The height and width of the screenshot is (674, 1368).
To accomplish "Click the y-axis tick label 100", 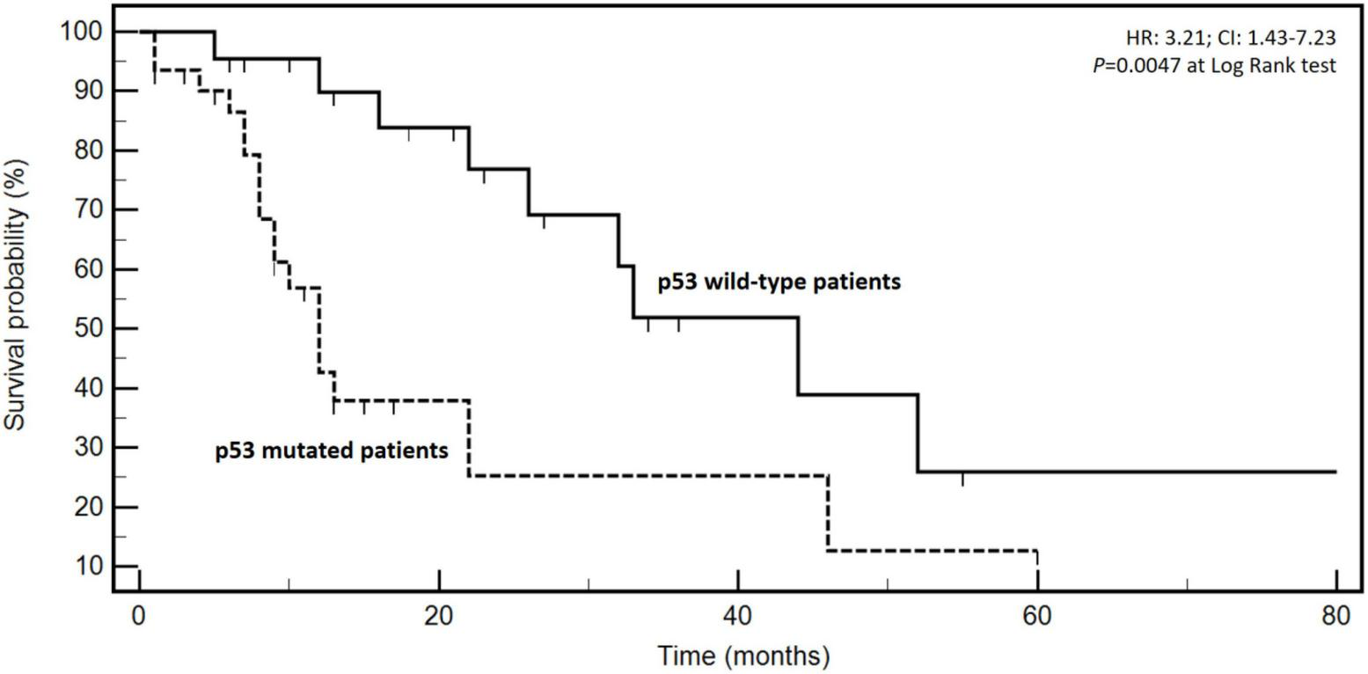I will point(83,32).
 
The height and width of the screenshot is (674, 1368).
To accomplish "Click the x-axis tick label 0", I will point(139,616).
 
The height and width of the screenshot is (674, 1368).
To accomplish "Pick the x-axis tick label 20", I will point(438,616).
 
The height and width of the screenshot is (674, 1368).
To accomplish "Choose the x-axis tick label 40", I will point(738,616).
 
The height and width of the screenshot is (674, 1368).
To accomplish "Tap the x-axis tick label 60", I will point(1037,616).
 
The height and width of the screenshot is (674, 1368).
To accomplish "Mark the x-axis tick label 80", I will point(1336,616).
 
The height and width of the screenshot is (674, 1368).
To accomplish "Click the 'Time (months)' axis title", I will point(743,656).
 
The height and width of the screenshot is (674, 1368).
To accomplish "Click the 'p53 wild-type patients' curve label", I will point(779,282).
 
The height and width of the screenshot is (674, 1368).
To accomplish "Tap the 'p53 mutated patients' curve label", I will point(332,451).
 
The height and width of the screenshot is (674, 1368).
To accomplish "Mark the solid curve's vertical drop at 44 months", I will point(798,355).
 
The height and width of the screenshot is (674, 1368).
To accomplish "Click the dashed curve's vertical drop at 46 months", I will point(828,513).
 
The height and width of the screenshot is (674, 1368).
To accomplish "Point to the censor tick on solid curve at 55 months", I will point(962,479).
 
